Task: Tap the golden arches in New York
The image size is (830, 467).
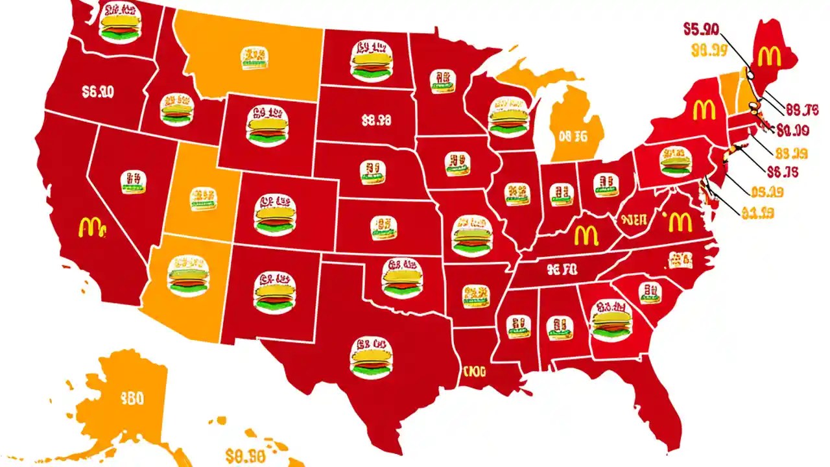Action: [704, 110]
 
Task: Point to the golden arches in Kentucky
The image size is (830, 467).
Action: [586, 233]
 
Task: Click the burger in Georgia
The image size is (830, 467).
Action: [611, 319]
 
